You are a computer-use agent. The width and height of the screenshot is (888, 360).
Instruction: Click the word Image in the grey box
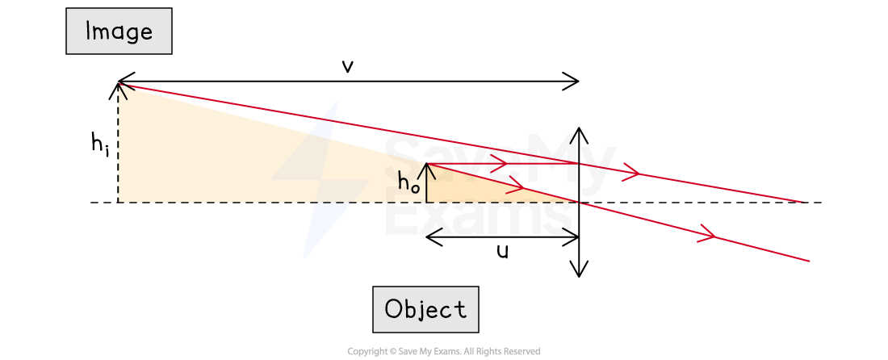click(119, 31)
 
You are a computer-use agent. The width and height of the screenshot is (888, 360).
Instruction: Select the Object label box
click(425, 309)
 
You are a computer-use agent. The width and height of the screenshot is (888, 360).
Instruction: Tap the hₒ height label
click(408, 184)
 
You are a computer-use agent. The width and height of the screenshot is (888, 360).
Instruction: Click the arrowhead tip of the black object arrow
click(426, 164)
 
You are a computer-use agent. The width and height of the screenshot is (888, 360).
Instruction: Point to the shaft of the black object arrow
click(426, 186)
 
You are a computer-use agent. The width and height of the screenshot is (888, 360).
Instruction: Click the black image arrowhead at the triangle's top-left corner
click(122, 88)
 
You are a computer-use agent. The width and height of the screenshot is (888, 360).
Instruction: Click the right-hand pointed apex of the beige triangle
click(576, 201)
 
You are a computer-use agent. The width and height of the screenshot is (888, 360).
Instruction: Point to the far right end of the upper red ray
click(803, 202)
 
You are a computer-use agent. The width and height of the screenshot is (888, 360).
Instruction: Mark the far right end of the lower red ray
click(809, 261)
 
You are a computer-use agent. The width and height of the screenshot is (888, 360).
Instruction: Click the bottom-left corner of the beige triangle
click(119, 201)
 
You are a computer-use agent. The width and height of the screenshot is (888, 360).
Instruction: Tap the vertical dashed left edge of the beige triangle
click(119, 145)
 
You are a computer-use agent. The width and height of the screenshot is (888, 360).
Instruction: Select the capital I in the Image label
click(89, 31)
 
